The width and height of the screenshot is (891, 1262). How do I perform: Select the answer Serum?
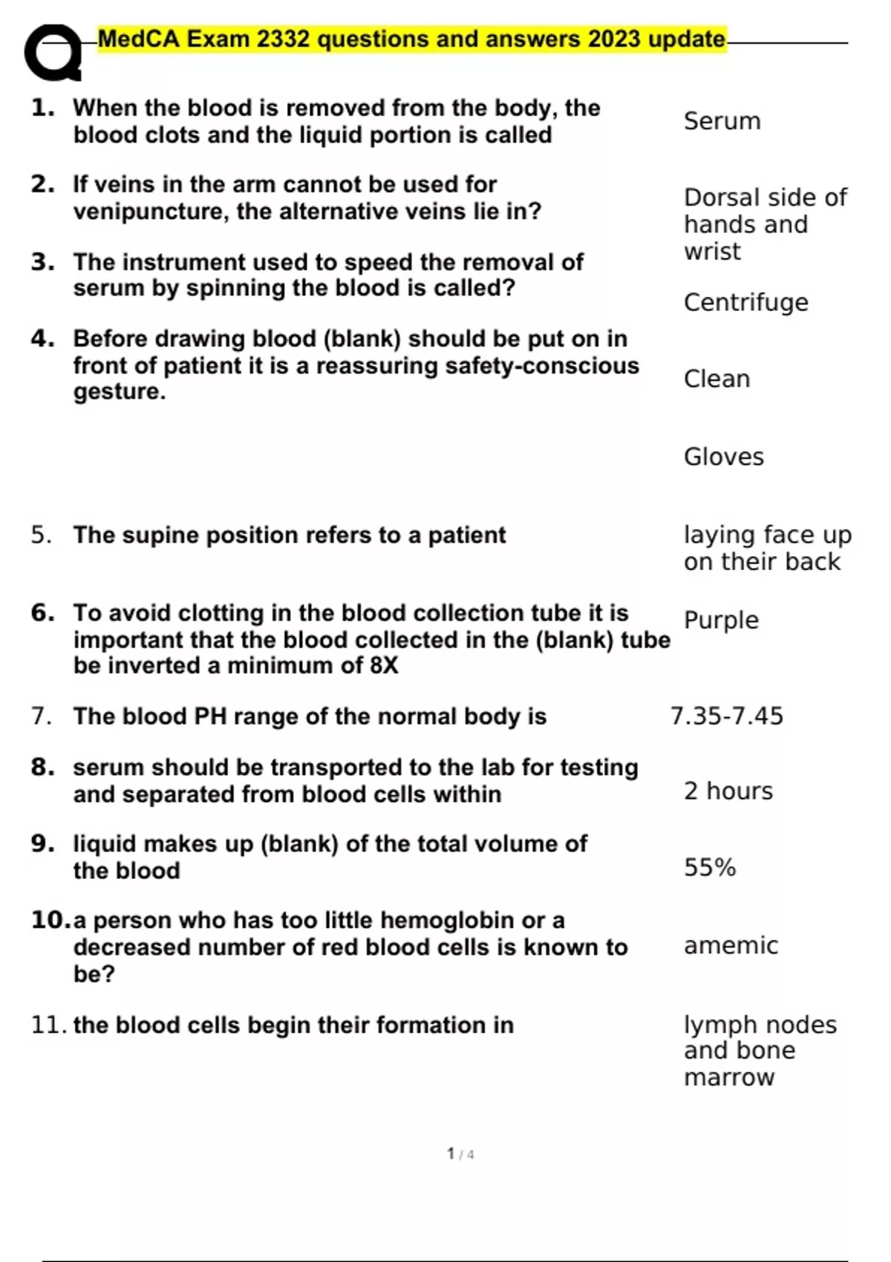click(722, 121)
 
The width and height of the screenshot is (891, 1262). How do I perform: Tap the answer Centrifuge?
click(745, 303)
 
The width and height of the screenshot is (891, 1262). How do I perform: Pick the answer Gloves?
click(723, 457)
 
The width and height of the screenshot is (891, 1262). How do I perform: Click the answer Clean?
click(717, 379)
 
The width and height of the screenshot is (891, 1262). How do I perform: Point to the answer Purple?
click(721, 621)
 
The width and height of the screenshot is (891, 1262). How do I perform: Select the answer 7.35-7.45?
click(726, 716)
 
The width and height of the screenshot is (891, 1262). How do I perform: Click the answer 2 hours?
click(728, 791)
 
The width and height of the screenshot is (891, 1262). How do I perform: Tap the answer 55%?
click(709, 868)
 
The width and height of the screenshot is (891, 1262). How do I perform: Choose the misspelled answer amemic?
click(731, 946)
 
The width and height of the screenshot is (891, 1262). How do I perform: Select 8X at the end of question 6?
click(384, 666)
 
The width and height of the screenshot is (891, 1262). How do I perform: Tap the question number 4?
click(42, 339)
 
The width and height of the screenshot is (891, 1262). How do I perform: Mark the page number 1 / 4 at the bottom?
click(460, 1154)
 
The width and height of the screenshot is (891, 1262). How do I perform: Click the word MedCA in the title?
click(138, 39)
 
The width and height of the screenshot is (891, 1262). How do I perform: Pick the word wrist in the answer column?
click(712, 252)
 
